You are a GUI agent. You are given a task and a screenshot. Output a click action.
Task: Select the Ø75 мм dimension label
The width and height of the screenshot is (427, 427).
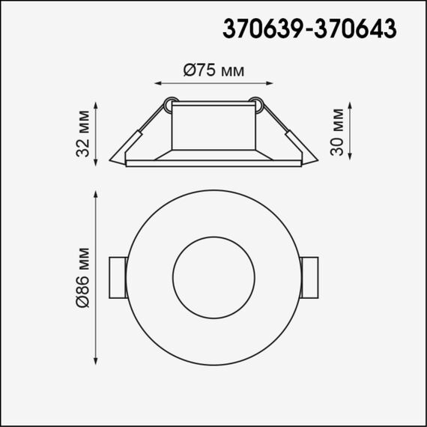coord(214,70)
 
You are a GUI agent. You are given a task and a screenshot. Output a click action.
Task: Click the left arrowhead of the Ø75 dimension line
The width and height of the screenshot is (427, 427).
coord(157,84)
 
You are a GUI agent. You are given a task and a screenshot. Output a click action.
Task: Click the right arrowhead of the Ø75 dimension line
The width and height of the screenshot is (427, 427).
coord(271,84)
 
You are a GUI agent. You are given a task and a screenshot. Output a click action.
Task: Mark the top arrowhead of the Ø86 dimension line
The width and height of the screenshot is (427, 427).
coord(97,195)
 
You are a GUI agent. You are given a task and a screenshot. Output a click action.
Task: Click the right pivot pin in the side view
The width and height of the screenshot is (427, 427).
coord(258,102)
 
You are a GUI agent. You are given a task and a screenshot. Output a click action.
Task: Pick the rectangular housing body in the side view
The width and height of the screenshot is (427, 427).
coord(214,126)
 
